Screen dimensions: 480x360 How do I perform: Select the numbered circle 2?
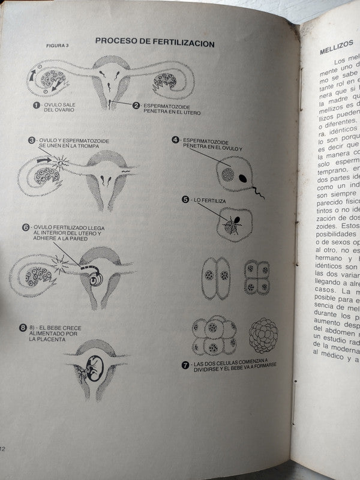click(x=136, y=106)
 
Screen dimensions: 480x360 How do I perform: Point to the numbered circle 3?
click(x=32, y=140)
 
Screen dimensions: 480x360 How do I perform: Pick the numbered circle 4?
click(x=175, y=140)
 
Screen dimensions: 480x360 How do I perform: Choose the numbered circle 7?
click(x=185, y=365)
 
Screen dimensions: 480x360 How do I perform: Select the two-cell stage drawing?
click(x=215, y=278)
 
